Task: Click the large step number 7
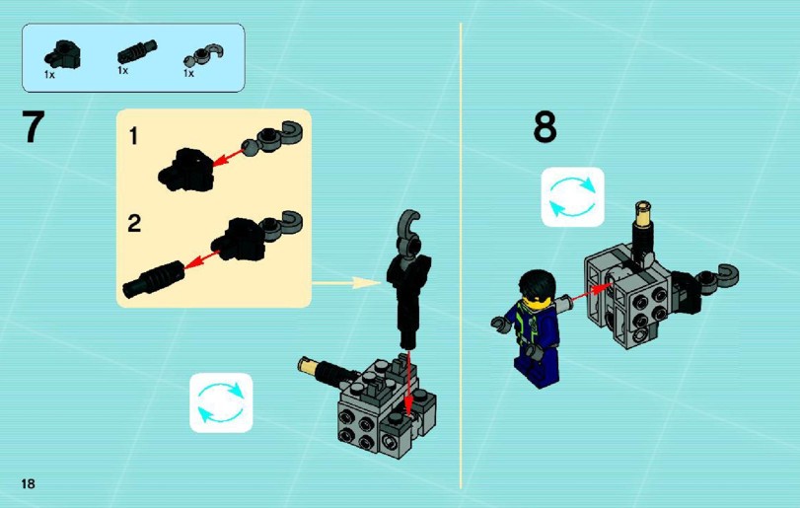click(34, 126)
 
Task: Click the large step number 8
click(545, 127)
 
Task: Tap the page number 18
click(28, 483)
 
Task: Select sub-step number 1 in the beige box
click(134, 136)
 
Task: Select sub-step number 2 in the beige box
click(134, 223)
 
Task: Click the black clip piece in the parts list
click(63, 54)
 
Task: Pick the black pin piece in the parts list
click(137, 51)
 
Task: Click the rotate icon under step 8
click(572, 197)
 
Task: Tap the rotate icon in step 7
click(221, 402)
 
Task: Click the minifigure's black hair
click(537, 283)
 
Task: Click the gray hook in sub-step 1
click(273, 138)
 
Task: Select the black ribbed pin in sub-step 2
click(153, 279)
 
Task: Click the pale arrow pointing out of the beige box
click(346, 282)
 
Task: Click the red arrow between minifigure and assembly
click(592, 292)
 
